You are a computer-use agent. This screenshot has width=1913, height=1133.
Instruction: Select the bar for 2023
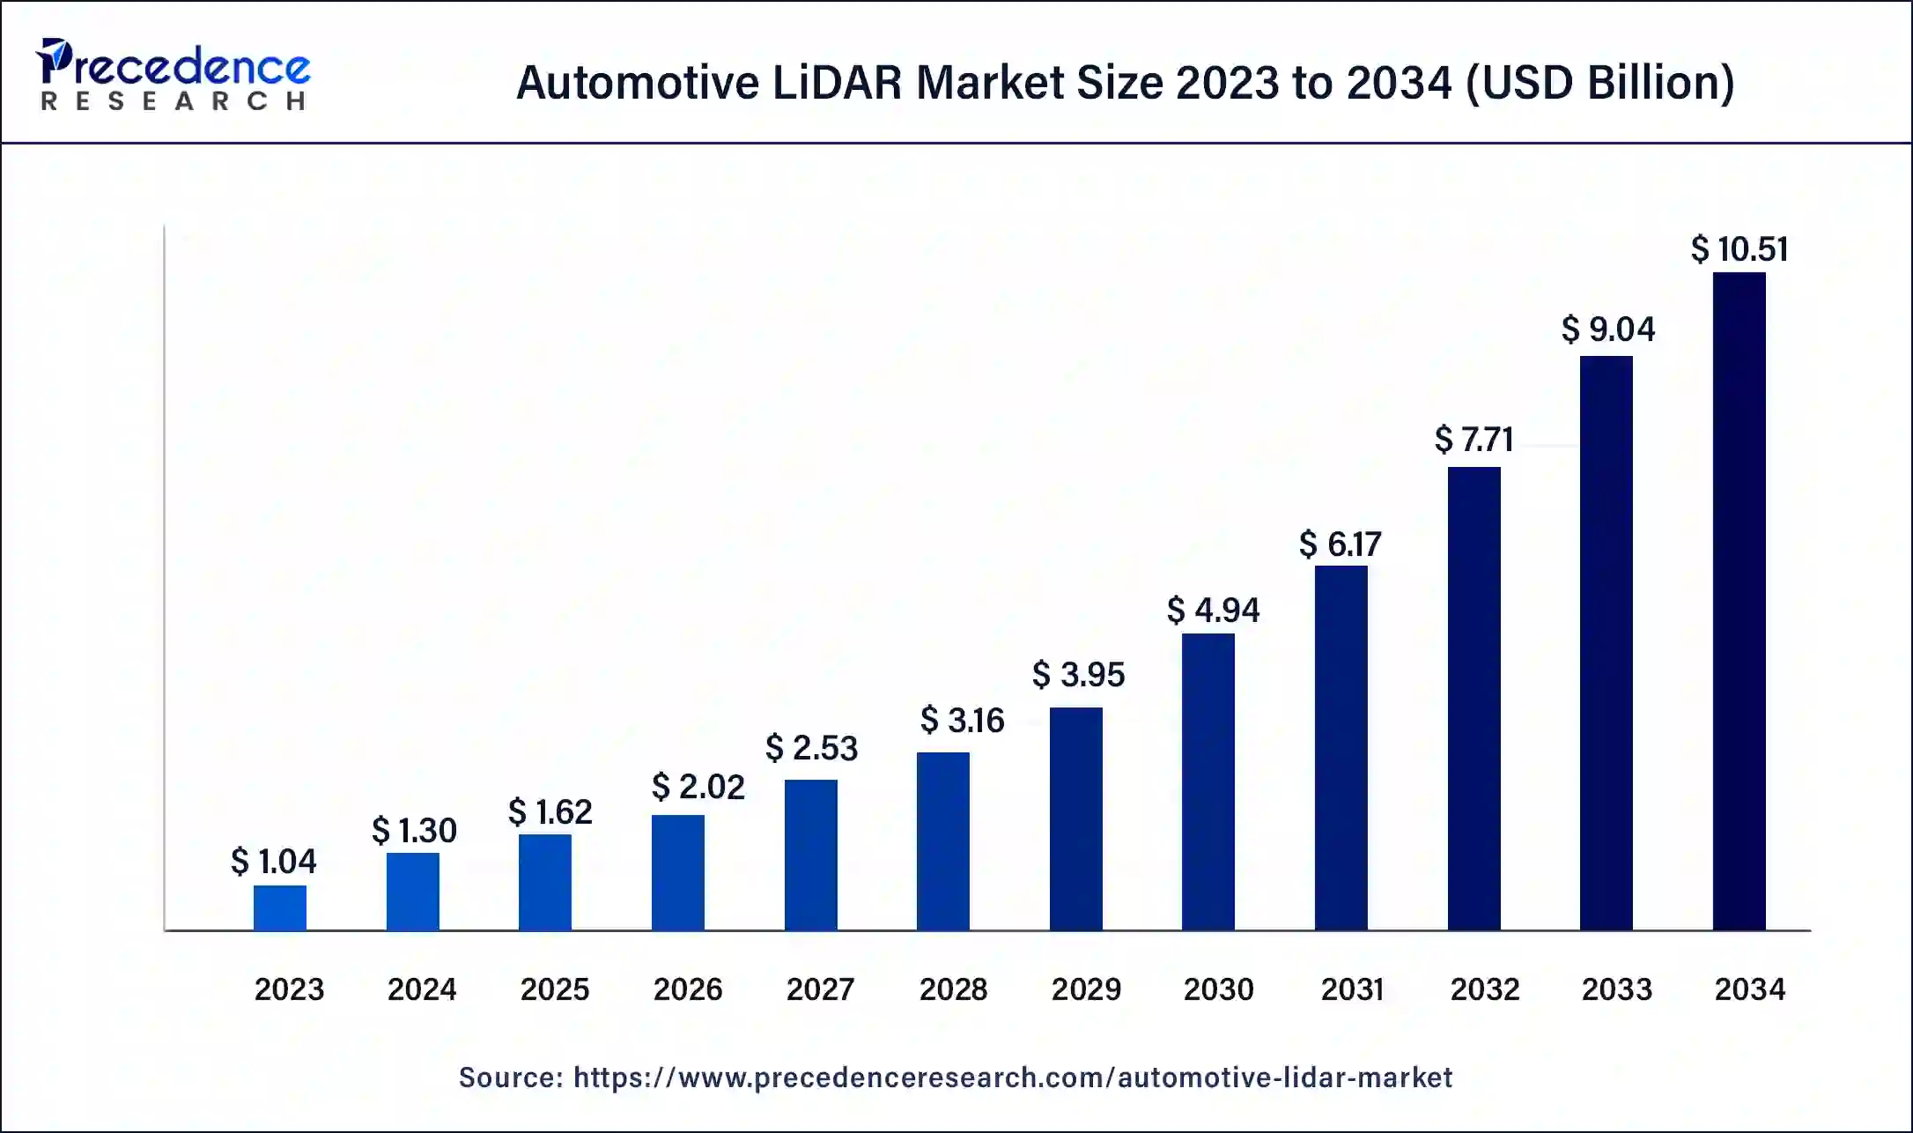click(280, 907)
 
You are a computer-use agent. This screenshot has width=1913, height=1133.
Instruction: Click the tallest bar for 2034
click(1739, 601)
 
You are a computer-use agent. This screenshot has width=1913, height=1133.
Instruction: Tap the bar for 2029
click(1075, 818)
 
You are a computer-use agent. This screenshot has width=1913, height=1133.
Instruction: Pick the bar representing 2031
click(1341, 748)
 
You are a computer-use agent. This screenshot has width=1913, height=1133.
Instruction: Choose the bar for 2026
click(677, 872)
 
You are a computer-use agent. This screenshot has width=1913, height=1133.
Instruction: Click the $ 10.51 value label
click(1739, 249)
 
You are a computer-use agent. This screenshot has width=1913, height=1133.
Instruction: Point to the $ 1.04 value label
click(273, 861)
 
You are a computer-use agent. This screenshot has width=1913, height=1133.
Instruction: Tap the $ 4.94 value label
click(1213, 610)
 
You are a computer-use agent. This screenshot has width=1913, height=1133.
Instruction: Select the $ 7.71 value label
click(1474, 439)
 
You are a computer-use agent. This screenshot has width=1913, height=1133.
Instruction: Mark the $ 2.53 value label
click(811, 748)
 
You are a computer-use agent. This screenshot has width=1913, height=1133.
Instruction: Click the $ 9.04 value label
click(1608, 330)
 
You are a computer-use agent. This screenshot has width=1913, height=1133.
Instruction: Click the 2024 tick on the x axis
click(422, 989)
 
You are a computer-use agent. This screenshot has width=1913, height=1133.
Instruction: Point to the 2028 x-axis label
click(953, 989)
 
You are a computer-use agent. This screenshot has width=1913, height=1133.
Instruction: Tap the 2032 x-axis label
click(1485, 989)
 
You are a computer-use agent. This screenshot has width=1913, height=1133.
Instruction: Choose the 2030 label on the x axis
click(1218, 989)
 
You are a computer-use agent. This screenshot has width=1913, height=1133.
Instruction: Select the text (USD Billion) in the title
click(1599, 83)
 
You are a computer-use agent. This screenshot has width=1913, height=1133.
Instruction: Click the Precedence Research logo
click(173, 75)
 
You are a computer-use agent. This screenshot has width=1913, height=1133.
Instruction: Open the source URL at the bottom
click(1013, 1077)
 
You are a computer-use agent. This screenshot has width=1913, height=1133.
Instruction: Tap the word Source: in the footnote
click(511, 1077)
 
